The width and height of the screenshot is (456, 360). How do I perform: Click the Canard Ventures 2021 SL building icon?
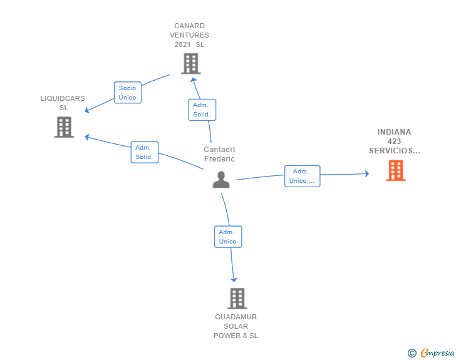191,63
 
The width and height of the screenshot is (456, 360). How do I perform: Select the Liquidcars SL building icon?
64,127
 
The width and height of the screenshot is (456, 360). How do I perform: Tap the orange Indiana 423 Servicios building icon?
395,170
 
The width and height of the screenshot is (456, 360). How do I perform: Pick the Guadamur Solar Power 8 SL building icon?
237,299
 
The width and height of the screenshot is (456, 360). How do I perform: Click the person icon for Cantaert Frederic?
221,180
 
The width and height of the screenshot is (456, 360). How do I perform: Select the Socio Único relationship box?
128,93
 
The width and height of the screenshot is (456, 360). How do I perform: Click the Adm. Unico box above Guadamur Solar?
228,237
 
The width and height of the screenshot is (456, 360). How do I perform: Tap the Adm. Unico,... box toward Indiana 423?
302,176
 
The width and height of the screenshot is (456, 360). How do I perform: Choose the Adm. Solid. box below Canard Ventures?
202,110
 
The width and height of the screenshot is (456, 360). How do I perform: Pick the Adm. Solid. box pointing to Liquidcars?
145,152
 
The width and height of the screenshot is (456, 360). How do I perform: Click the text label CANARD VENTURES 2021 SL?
189,35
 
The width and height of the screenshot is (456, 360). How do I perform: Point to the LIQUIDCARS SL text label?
63,103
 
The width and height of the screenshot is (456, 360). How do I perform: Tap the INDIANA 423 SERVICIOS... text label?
395,141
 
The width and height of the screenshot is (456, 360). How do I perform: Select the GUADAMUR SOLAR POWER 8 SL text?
236,326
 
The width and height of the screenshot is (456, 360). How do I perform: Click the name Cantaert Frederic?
220,154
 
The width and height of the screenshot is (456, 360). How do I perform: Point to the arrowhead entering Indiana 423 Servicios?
367,173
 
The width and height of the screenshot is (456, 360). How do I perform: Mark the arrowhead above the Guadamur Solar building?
234,280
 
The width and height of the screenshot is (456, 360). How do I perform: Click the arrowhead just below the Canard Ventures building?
194,80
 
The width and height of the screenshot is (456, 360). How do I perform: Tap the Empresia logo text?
437,352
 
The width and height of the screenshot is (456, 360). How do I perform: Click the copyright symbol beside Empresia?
412,353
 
